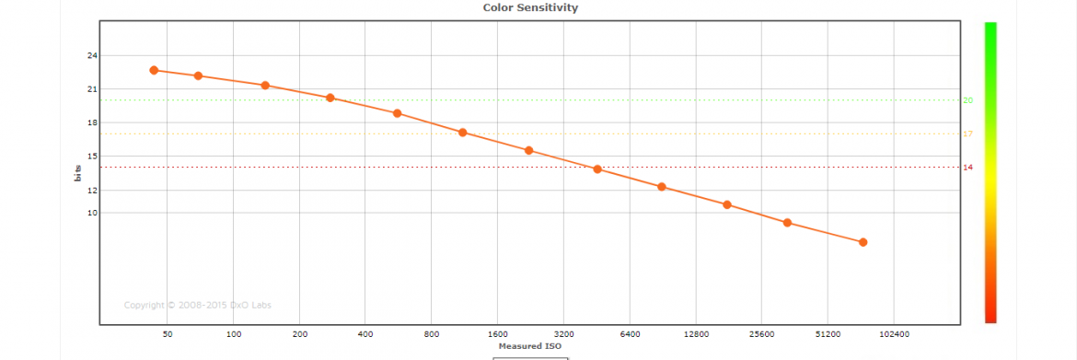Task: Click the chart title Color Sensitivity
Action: [x=530, y=7]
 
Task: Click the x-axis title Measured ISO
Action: [x=529, y=346]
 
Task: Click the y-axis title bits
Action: [x=79, y=172]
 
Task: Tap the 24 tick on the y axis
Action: [x=92, y=55]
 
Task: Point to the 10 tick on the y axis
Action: [x=92, y=213]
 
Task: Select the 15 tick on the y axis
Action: [x=92, y=157]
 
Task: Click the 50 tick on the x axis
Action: [x=167, y=333]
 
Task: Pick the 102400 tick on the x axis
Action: [x=894, y=333]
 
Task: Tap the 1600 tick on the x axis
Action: [x=497, y=333]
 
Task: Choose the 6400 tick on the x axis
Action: [x=630, y=333]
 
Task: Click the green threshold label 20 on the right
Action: [x=968, y=100]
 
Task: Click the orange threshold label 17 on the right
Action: [x=968, y=134]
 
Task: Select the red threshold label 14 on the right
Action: [x=968, y=168]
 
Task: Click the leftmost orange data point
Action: [x=154, y=70]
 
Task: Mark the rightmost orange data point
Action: [x=863, y=242]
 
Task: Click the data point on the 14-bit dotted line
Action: [x=597, y=169]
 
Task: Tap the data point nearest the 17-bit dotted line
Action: [x=463, y=133]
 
